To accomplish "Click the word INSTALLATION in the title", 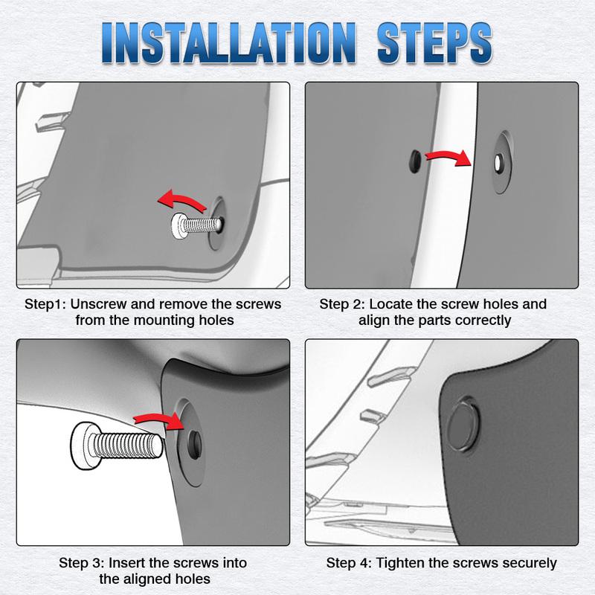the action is coord(229,42).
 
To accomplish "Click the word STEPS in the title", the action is coord(434,42).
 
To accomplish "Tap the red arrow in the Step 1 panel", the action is coord(181,200).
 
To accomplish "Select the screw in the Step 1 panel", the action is coord(196,226).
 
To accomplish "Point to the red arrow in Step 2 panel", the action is coord(448,156).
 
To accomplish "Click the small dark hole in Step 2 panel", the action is coord(415,161).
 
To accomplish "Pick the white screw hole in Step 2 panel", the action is coord(498,163).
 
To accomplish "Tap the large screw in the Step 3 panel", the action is coord(117,446).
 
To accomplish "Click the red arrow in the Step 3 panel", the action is coord(159,419).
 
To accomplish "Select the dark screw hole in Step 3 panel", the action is coord(195,445).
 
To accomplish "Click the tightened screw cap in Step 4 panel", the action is coord(463,424).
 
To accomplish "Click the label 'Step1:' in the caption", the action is coord(45,304).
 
